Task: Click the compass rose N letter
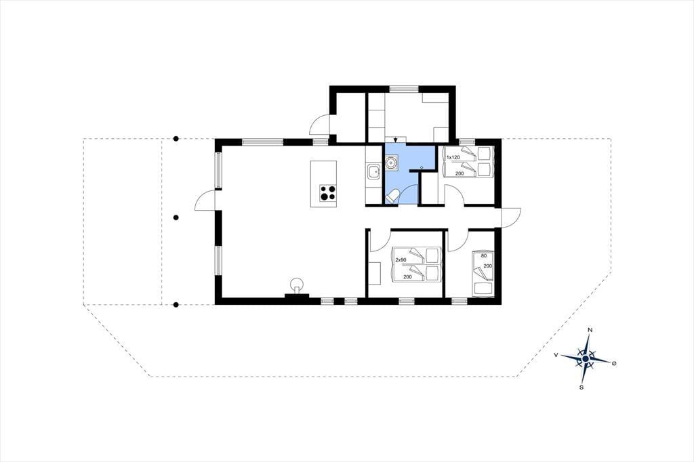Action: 590,330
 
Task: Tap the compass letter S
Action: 581,387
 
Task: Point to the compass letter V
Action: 556,355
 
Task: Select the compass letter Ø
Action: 614,363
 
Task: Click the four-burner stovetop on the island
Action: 328,193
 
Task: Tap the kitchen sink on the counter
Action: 373,171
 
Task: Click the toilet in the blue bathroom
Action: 392,196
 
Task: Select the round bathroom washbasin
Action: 391,163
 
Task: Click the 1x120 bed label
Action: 453,158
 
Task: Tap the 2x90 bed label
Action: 401,259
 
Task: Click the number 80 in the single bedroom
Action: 483,256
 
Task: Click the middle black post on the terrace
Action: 176,217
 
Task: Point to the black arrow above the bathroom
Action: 395,140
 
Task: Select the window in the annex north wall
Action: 404,89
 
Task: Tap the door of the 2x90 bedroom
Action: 381,241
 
